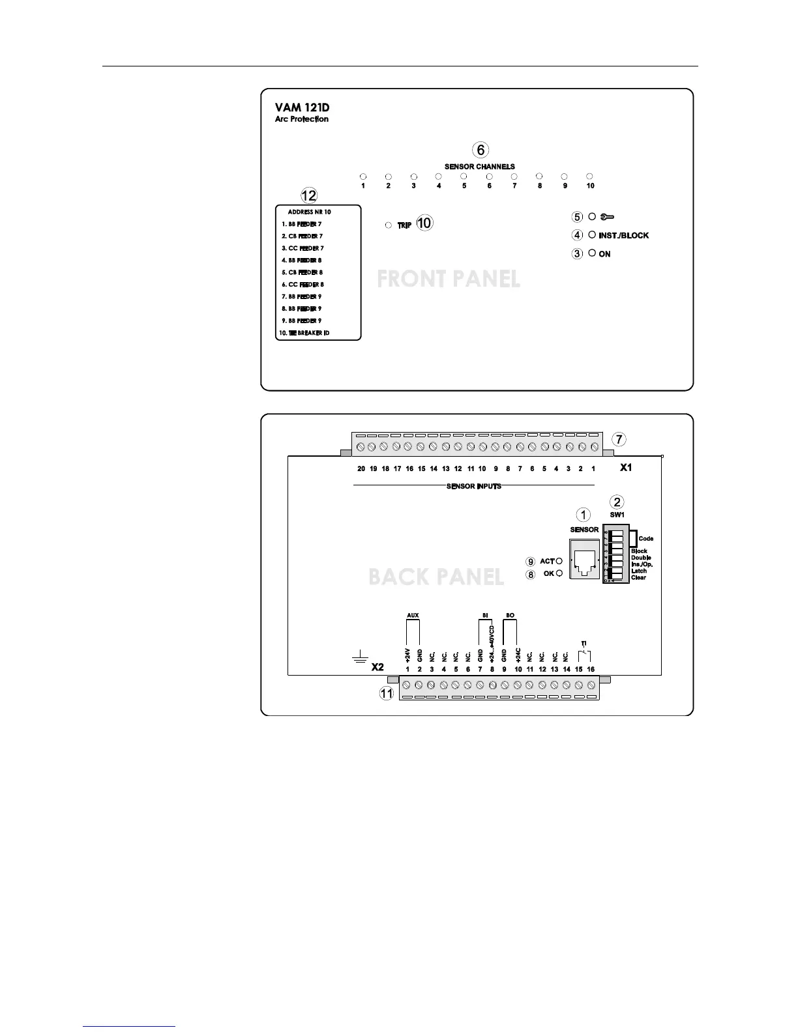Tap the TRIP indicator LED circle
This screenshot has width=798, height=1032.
[x=388, y=225]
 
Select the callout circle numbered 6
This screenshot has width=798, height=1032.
[x=480, y=150]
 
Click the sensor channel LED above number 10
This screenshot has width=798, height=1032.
[x=589, y=176]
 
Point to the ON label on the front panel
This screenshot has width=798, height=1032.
[x=604, y=254]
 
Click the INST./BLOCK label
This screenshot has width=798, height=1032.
[x=623, y=235]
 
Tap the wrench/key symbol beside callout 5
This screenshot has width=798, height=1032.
[x=606, y=217]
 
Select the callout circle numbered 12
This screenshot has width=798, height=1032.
[x=308, y=195]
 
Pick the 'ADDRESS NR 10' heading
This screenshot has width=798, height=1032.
[x=309, y=212]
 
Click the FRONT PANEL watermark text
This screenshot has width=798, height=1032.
[x=449, y=279]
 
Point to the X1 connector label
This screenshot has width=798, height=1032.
[x=625, y=467]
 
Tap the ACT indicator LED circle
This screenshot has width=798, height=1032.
[x=559, y=561]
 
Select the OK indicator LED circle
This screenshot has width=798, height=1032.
[x=559, y=573]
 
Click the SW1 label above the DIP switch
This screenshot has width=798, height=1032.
[x=617, y=515]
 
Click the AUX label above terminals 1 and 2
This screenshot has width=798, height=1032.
[x=413, y=614]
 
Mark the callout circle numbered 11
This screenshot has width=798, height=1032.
[x=387, y=693]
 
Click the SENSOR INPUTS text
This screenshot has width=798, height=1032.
[x=474, y=486]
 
